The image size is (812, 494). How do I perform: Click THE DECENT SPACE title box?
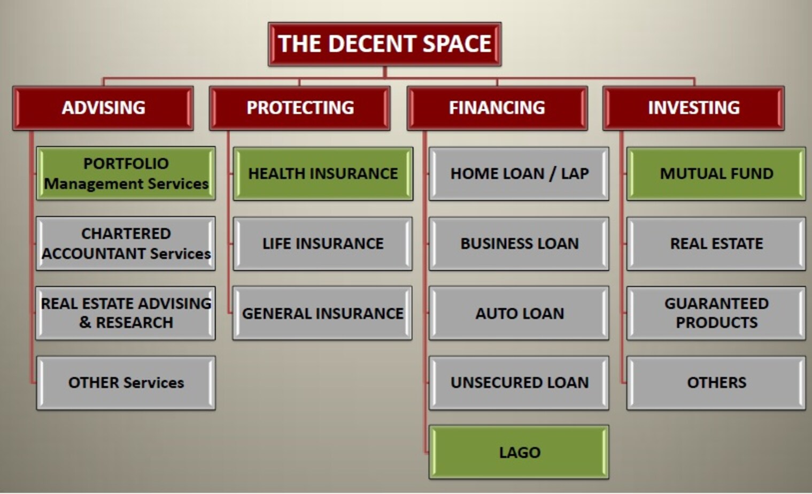(x=384, y=44)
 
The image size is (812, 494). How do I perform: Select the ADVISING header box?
(x=103, y=108)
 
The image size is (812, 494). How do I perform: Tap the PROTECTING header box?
(x=300, y=108)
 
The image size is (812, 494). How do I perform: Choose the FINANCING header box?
(x=497, y=108)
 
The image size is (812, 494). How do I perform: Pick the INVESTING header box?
(x=693, y=108)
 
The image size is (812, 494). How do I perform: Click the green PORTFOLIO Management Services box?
(x=126, y=173)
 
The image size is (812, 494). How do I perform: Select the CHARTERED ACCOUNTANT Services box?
(x=126, y=243)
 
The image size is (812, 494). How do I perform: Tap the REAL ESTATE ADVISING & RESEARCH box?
(x=126, y=313)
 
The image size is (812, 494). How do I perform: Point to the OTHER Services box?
(x=126, y=383)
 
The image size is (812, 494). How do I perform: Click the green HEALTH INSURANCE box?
(x=323, y=173)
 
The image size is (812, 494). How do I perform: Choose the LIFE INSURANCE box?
(x=323, y=243)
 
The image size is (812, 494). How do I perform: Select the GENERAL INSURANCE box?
(x=322, y=313)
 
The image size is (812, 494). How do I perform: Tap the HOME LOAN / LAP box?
(x=519, y=173)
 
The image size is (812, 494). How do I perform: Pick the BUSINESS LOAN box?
(x=519, y=243)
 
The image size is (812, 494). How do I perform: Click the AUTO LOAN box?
(x=519, y=313)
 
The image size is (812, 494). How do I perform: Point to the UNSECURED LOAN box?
(x=519, y=383)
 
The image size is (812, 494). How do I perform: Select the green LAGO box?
(x=519, y=452)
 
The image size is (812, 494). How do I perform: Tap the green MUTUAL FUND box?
(x=716, y=173)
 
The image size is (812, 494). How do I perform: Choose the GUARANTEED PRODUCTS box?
(x=716, y=313)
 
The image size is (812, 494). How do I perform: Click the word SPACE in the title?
(x=457, y=43)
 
